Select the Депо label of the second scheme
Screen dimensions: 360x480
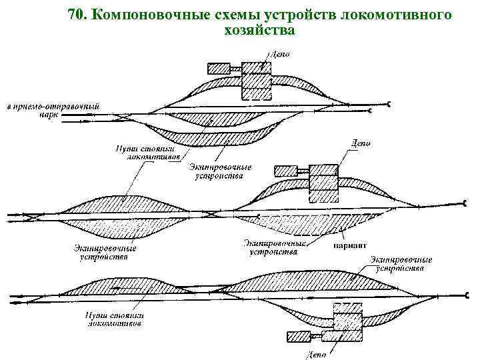361,143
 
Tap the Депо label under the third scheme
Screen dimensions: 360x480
316,353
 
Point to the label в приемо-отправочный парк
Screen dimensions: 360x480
53,109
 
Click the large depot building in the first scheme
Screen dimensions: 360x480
254,84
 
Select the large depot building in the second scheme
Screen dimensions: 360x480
323,181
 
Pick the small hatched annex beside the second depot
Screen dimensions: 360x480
286,170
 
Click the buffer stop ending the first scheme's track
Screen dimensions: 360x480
389,103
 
